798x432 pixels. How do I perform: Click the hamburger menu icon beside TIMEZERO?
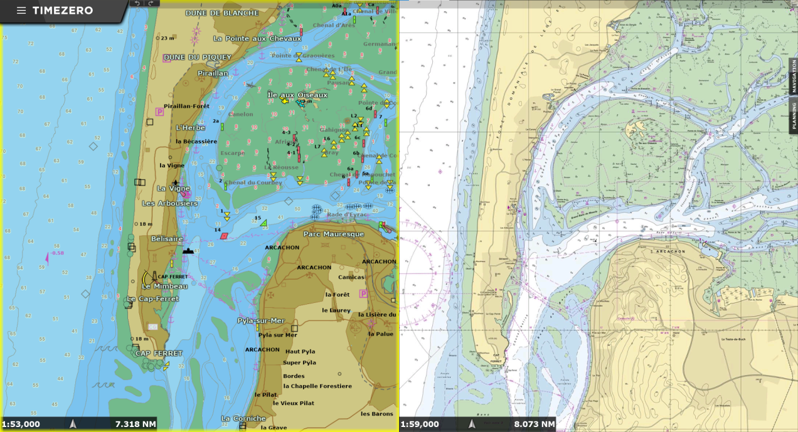(21, 11)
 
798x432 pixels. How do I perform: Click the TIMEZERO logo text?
(63, 11)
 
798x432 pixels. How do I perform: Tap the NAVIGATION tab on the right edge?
(794, 76)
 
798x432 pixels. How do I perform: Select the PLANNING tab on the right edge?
(794, 116)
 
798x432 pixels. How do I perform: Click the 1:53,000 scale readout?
(21, 424)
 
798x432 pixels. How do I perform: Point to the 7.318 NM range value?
(136, 424)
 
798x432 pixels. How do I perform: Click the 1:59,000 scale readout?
(420, 424)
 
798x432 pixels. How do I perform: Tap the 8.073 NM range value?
(535, 424)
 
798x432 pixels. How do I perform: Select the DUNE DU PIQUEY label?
(197, 58)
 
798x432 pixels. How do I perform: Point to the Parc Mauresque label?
(334, 234)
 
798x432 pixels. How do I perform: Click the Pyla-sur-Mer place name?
(261, 321)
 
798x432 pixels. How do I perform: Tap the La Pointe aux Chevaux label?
(257, 39)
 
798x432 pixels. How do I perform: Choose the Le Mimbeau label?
(164, 287)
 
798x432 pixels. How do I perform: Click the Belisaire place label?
(167, 239)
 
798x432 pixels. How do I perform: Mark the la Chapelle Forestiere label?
(317, 386)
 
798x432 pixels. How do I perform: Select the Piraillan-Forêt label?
(186, 106)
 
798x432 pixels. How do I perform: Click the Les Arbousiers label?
(169, 203)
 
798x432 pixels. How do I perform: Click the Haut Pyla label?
(300, 352)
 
